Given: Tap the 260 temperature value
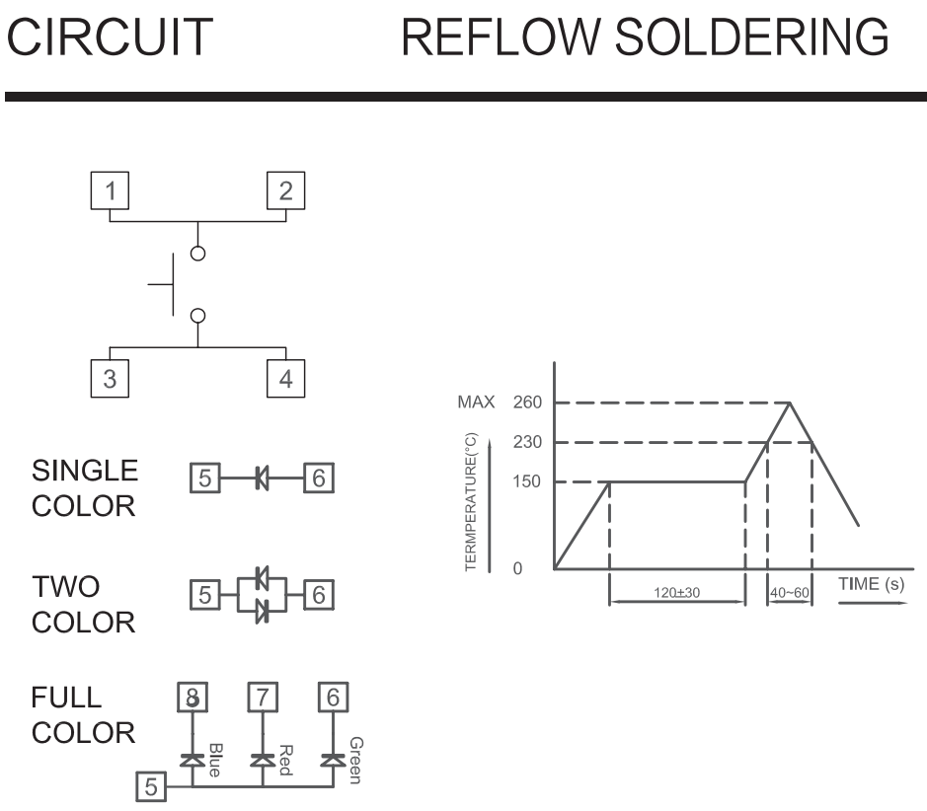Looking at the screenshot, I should click(526, 403).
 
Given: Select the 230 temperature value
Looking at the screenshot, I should click(526, 442).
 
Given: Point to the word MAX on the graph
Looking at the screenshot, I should click(472, 403).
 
